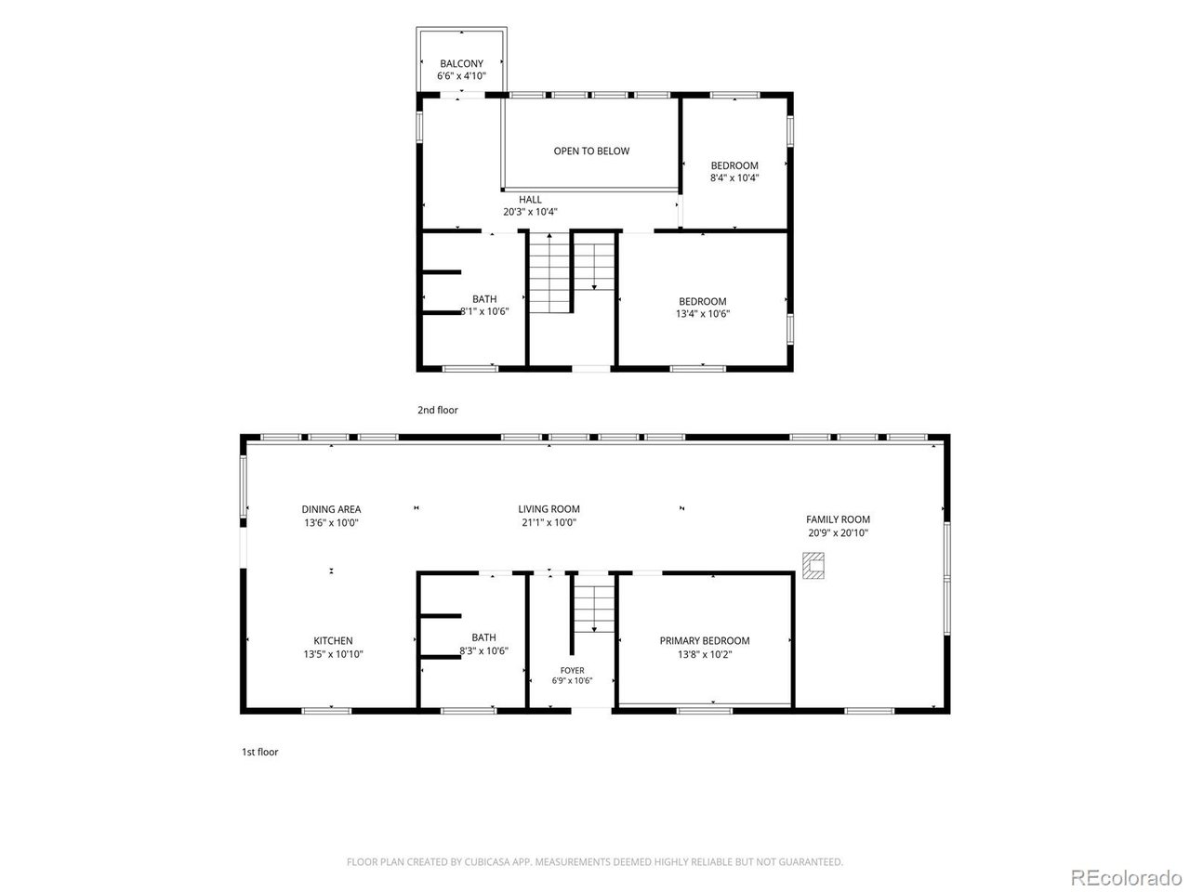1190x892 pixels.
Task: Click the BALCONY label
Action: click(x=461, y=63)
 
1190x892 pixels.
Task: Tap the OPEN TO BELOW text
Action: click(x=591, y=151)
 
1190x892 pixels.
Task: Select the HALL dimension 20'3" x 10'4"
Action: click(x=530, y=212)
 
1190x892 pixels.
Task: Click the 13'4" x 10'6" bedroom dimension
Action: click(x=703, y=313)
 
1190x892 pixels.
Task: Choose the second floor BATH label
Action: click(x=484, y=299)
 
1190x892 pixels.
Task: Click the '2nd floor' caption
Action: click(x=438, y=410)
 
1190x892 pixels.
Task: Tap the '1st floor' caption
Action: click(x=259, y=752)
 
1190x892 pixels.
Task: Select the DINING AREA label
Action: click(x=331, y=509)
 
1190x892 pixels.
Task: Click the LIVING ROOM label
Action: click(x=549, y=509)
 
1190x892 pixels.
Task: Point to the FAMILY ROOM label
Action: click(x=838, y=519)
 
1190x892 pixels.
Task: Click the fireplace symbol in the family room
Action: click(x=813, y=566)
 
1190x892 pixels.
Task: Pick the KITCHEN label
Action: click(x=333, y=641)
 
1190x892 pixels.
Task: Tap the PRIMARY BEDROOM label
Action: click(x=705, y=641)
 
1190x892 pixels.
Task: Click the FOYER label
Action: click(x=572, y=671)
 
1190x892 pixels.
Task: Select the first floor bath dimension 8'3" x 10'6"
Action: click(x=483, y=650)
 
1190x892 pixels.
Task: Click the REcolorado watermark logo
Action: click(x=1126, y=877)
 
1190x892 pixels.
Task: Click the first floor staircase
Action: click(x=594, y=609)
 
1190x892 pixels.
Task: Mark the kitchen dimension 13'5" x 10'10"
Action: click(x=333, y=654)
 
